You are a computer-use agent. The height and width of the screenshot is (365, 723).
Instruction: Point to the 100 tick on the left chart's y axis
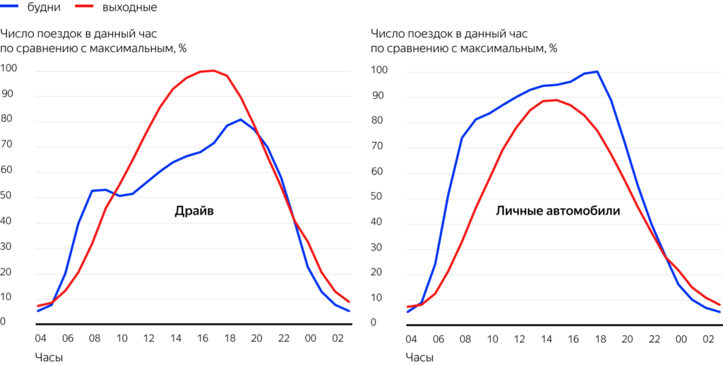tap(9, 69)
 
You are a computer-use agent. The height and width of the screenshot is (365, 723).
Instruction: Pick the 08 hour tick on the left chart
tap(95, 338)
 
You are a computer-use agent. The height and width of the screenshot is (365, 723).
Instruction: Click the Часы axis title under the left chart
tap(49, 357)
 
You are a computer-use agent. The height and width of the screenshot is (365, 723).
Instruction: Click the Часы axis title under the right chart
tap(419, 357)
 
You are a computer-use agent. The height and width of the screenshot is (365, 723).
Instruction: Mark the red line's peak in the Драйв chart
tap(214, 71)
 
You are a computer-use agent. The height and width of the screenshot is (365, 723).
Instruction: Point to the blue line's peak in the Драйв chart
tap(241, 119)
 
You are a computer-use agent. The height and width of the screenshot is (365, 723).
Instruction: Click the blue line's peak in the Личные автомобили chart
tap(597, 71)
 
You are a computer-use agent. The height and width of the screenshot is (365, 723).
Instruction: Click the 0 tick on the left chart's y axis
tap(4, 322)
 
